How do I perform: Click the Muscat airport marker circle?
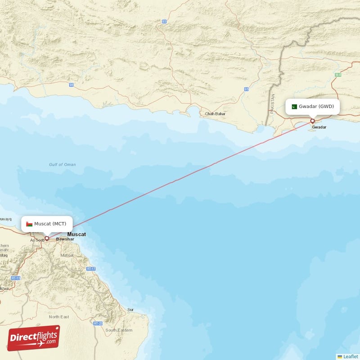[47, 238]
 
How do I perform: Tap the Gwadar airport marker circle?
[312, 121]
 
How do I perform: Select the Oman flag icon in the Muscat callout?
[29, 224]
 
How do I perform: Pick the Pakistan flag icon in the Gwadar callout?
[294, 107]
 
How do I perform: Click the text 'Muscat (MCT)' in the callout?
[50, 224]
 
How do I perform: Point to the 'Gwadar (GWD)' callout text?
[319, 107]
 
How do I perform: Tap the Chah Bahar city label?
[215, 114]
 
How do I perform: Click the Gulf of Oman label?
[63, 165]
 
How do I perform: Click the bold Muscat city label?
[76, 234]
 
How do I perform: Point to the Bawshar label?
[65, 239]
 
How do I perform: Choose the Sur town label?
[130, 310]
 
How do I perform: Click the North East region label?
[59, 317]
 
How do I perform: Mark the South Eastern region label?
[119, 330]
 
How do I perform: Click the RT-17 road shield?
[91, 269]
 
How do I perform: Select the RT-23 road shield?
[98, 324]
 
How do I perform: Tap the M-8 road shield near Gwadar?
[338, 75]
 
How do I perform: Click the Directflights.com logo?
[33, 338]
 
